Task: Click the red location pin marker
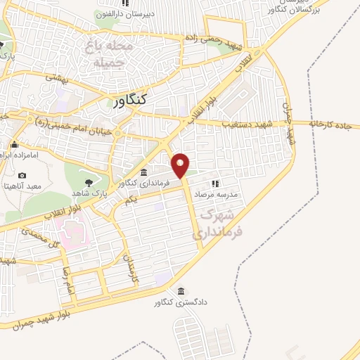(x=181, y=165)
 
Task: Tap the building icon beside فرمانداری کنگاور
(x=143, y=173)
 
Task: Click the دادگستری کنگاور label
(x=181, y=303)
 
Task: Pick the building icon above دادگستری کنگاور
(x=181, y=292)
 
